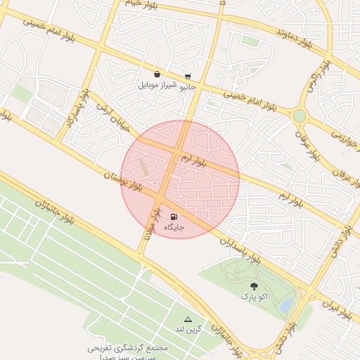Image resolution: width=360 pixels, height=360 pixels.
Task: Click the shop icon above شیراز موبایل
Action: pos(156,74)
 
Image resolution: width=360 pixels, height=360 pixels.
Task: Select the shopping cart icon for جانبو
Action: pos(188,77)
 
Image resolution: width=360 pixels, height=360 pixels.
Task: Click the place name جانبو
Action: pos(188,87)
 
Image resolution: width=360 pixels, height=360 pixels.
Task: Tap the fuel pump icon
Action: pos(174,217)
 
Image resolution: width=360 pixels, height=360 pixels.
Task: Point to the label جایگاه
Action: pos(174,228)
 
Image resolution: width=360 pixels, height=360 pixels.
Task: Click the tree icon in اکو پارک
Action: pos(254,286)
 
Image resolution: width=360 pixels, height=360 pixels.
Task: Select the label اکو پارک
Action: pos(255,297)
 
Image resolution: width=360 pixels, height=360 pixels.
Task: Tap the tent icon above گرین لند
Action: pos(188,319)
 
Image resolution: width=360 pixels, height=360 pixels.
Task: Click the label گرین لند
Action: pos(188,329)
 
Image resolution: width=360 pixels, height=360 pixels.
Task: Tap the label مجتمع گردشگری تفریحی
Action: pos(129,348)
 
